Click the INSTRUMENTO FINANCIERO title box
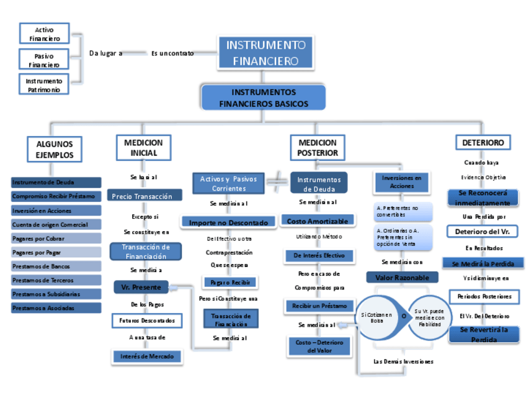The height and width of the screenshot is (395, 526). (x=265, y=53)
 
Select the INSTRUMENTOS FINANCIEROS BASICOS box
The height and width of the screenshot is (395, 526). (x=263, y=98)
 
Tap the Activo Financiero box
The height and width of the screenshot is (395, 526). (x=44, y=34)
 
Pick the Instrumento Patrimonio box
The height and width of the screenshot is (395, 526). (x=44, y=85)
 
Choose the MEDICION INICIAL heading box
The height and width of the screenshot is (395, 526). (x=143, y=148)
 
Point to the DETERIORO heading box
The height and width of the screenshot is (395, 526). (x=483, y=143)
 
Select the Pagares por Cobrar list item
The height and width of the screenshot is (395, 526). (x=56, y=238)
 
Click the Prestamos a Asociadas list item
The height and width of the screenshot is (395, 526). (x=56, y=308)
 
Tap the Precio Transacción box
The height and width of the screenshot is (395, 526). (x=145, y=196)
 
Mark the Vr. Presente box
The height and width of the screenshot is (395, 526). (x=141, y=288)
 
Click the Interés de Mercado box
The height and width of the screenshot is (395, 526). (x=147, y=356)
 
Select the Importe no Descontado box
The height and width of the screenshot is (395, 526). (x=228, y=222)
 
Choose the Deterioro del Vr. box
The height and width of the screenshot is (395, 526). (x=483, y=231)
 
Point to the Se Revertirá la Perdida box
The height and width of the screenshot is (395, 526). (x=484, y=335)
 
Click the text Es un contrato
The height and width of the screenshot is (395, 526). (x=172, y=53)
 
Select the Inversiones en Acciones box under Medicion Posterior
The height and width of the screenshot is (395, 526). (x=401, y=182)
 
